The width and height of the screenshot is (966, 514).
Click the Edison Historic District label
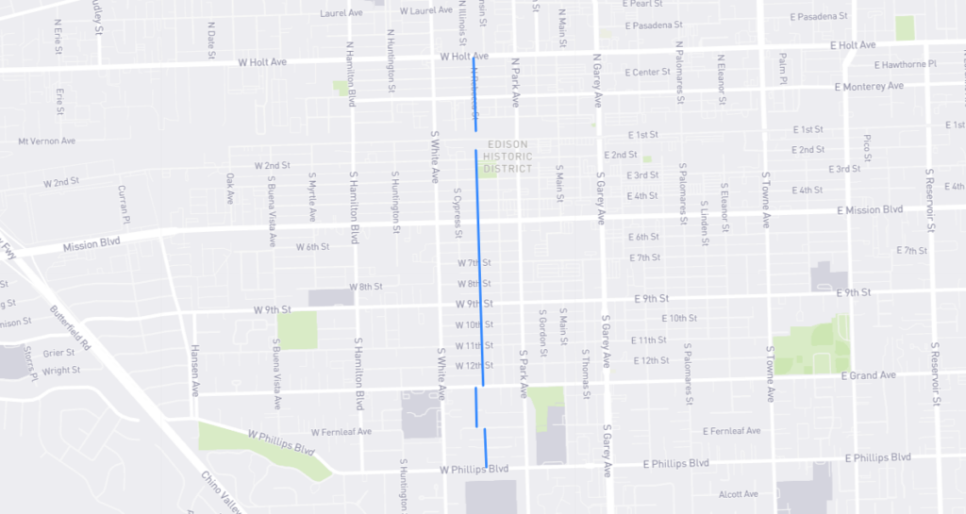click(x=507, y=157)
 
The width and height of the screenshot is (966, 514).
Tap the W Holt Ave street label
click(x=463, y=57)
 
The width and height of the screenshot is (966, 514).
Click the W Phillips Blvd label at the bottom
click(x=474, y=469)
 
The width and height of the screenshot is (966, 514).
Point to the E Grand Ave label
click(x=868, y=375)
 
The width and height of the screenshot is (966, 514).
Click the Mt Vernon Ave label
click(x=46, y=141)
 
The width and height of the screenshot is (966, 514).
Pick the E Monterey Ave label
click(x=869, y=86)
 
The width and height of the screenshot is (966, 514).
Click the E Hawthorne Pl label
click(x=905, y=65)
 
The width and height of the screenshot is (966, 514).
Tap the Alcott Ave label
click(x=738, y=493)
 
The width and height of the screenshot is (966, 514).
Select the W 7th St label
click(x=475, y=262)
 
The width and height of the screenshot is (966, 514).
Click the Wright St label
click(x=61, y=371)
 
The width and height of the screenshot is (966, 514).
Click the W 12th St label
click(x=474, y=366)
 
